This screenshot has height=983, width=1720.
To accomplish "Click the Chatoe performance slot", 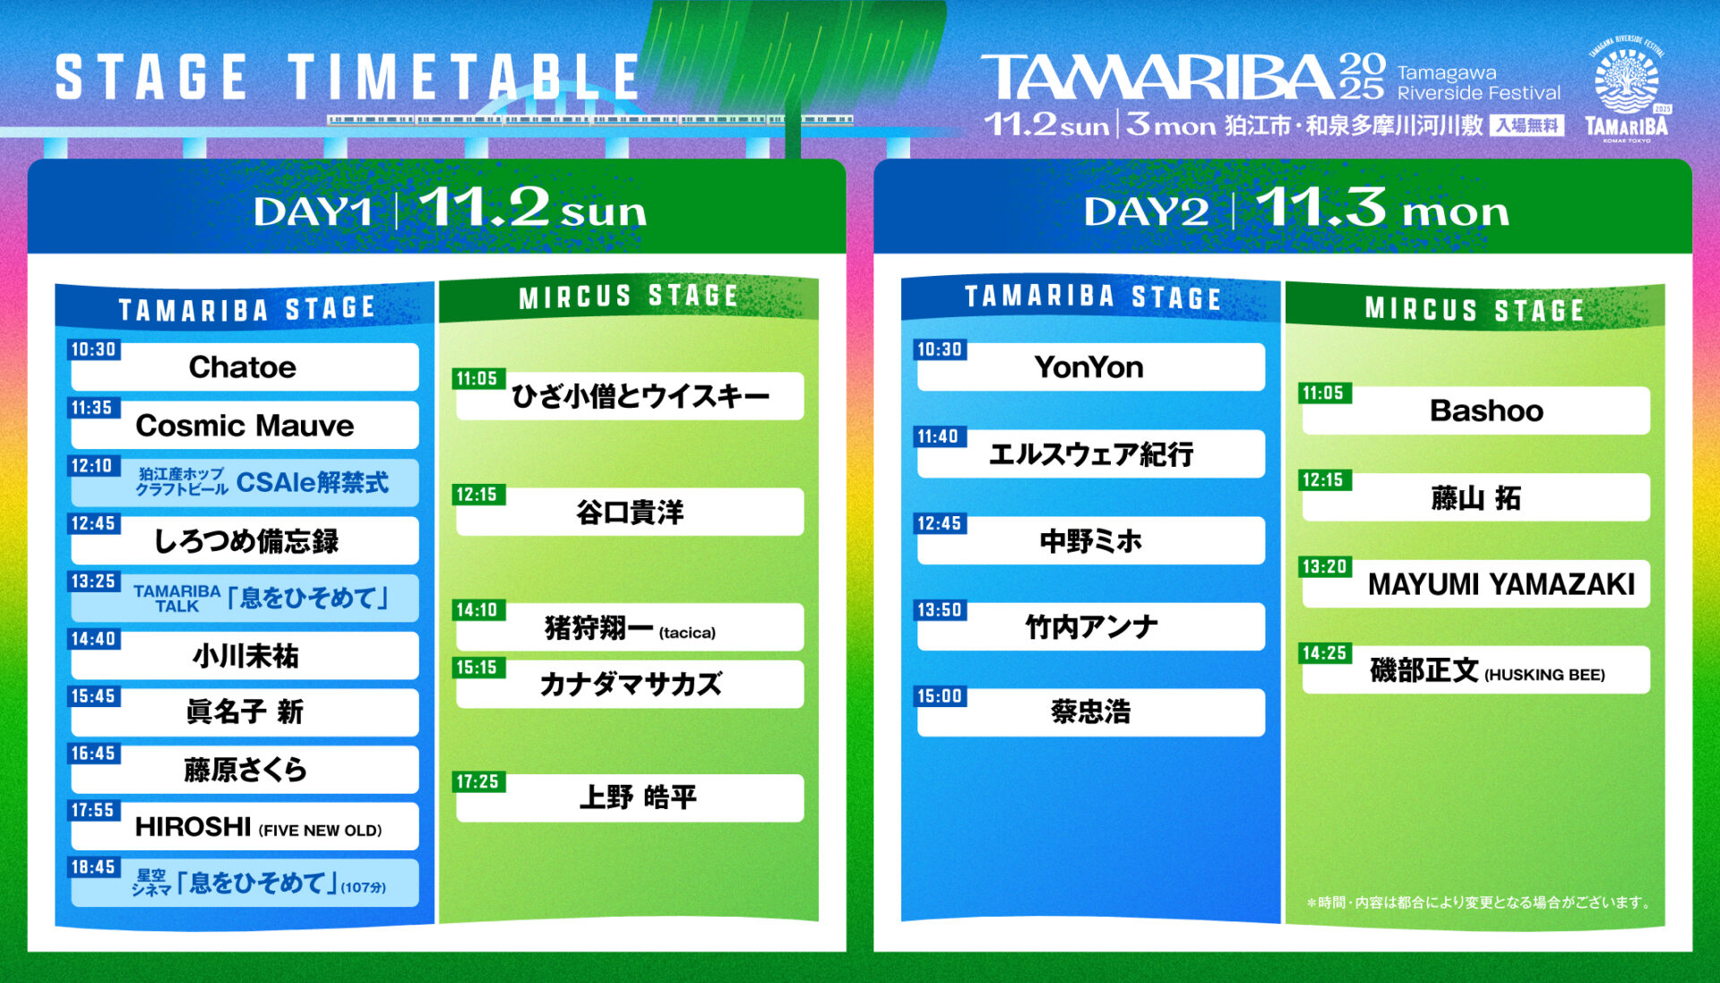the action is [x=244, y=366].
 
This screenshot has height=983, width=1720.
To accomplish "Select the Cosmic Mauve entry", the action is [x=244, y=425].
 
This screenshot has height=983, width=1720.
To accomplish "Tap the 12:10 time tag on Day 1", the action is [x=93, y=466].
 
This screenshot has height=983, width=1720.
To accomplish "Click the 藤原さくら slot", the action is [x=244, y=770].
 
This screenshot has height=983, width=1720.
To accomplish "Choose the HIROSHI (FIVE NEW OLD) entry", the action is [x=244, y=826].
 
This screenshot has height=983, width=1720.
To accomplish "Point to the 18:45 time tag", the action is [x=93, y=867].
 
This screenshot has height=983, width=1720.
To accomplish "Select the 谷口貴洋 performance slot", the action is [x=630, y=512].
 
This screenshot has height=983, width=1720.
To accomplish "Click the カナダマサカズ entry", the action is [x=630, y=685].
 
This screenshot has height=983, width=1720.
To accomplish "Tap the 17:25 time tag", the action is [x=478, y=781].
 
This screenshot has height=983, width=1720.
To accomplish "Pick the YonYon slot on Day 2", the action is [x=1090, y=366].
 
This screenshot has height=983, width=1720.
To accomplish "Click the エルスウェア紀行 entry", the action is [x=1090, y=453].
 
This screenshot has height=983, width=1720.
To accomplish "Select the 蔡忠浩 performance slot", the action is [x=1090, y=712].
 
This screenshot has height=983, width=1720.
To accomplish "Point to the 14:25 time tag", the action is [x=1325, y=653].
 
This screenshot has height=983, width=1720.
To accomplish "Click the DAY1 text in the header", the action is [x=312, y=212].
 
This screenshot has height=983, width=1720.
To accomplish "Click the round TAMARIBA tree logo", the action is [x=1627, y=82].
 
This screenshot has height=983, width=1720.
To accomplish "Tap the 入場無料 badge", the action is [x=1527, y=125].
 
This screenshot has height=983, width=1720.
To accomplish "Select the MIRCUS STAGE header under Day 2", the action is [x=1475, y=310].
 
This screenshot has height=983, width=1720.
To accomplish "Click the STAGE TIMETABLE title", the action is [x=348, y=77].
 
